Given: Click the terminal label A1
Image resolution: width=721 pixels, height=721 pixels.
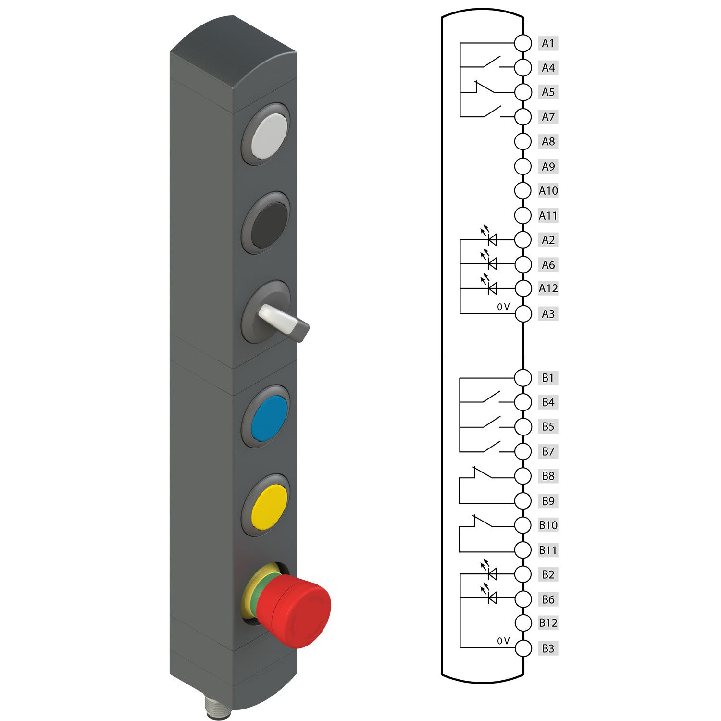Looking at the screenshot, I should (x=548, y=43).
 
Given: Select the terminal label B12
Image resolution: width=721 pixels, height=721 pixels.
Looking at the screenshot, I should (x=548, y=623).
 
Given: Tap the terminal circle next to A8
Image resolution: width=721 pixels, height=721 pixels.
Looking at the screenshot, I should (x=522, y=141).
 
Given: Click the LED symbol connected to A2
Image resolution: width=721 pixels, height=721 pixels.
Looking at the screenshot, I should (x=491, y=239).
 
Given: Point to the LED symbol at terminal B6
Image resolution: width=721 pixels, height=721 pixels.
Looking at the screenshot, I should (x=491, y=598).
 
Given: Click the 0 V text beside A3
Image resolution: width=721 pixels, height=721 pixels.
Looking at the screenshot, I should (x=503, y=307).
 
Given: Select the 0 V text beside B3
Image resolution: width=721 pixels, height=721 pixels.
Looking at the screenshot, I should (x=503, y=641).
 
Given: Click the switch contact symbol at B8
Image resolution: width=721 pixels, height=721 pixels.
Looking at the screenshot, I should (x=483, y=473).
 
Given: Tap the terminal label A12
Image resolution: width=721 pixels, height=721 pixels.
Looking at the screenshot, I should (x=548, y=288).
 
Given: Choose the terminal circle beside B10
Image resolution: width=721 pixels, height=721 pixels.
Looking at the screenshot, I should (x=522, y=525).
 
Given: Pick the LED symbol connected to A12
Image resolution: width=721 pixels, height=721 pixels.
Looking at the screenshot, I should (x=491, y=288).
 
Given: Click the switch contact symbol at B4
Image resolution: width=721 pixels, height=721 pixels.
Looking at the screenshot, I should (x=490, y=398).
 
